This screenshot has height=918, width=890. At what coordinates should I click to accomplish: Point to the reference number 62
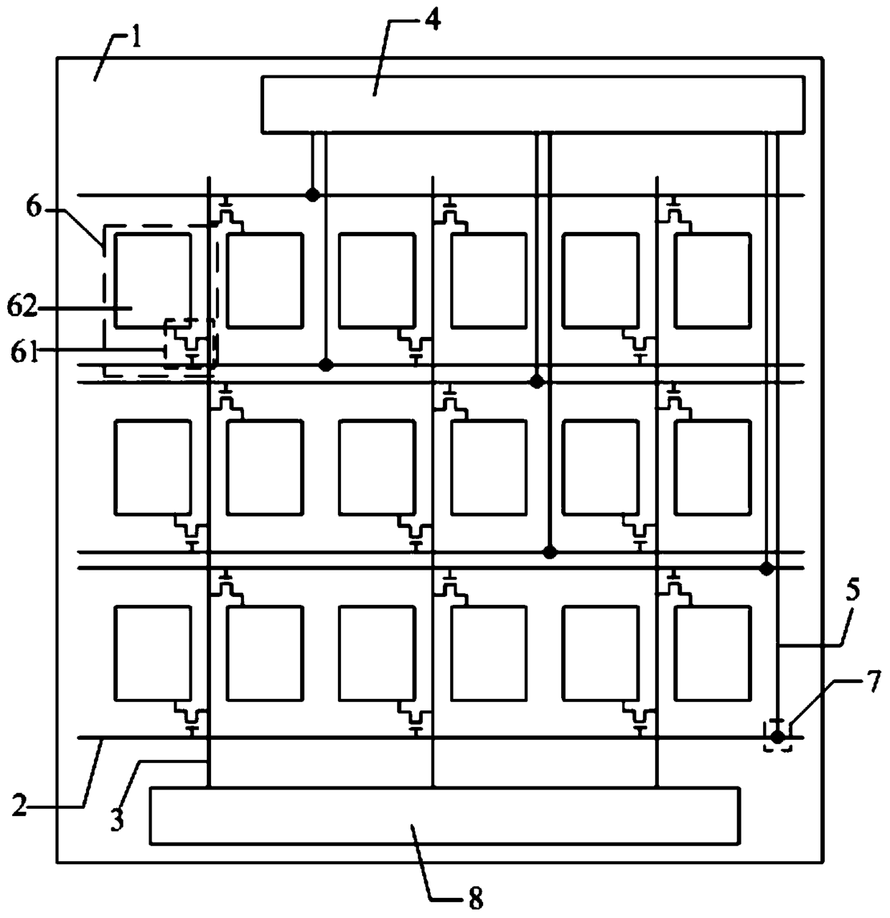[x=22, y=308]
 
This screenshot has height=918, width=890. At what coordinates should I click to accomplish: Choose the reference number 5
[x=852, y=590]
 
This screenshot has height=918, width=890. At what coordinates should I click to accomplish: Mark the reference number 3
[x=116, y=819]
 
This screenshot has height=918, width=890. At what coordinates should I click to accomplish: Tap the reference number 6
[x=34, y=207]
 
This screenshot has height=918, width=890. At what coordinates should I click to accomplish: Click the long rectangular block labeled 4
[x=533, y=104]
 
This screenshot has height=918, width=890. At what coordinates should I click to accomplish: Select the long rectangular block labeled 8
[x=444, y=815]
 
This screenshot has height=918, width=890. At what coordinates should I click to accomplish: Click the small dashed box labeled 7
[x=777, y=736]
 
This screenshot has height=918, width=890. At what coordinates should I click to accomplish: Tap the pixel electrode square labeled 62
[x=153, y=280]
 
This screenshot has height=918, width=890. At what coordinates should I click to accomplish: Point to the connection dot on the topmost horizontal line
[x=312, y=195]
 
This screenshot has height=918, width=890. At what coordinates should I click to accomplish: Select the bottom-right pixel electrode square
[x=712, y=653]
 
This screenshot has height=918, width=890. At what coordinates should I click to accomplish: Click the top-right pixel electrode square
[x=712, y=280]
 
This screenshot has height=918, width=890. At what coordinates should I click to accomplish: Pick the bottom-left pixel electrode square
[x=153, y=653]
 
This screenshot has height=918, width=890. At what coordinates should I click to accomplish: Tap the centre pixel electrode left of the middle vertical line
[x=377, y=467]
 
